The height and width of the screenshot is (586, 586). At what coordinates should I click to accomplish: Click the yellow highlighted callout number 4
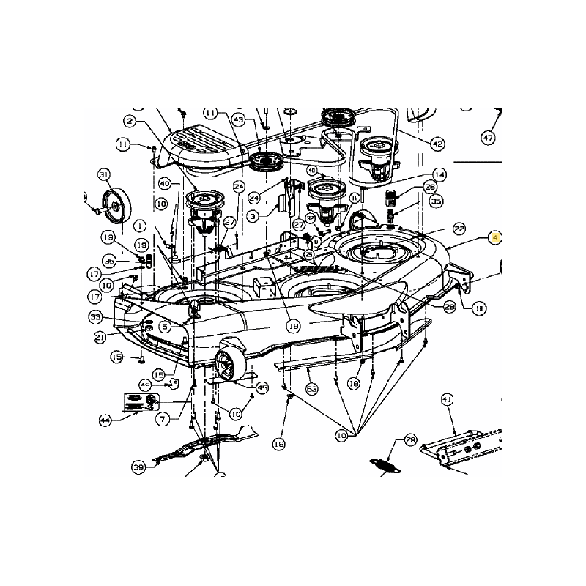(x=496, y=238)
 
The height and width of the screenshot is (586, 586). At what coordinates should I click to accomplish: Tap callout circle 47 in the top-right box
(x=489, y=137)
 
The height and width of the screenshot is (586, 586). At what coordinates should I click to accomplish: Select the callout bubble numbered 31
(x=104, y=174)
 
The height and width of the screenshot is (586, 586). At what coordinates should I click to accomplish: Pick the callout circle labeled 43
(x=238, y=118)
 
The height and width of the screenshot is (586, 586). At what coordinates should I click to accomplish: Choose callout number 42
(x=437, y=144)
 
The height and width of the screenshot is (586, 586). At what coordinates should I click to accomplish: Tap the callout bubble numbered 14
(x=439, y=174)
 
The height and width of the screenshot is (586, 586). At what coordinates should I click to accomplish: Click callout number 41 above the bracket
(x=447, y=398)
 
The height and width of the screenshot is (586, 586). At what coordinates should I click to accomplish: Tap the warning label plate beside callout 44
(x=141, y=402)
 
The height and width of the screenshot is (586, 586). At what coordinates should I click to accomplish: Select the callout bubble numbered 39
(x=138, y=467)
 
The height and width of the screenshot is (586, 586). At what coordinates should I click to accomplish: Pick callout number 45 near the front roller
(x=262, y=387)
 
